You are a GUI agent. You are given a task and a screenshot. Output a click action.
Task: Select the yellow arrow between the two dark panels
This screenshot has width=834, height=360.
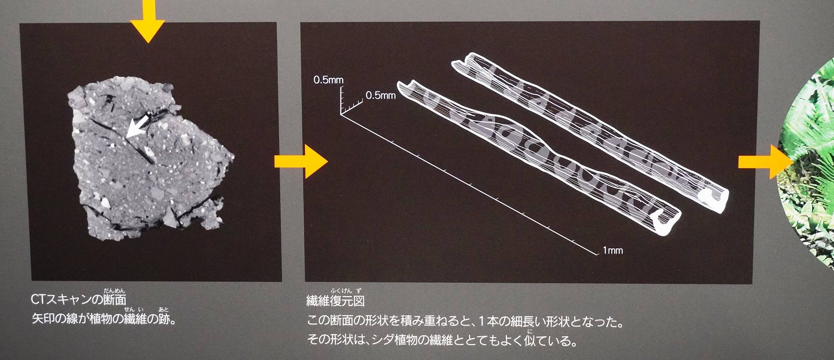pos(301,161)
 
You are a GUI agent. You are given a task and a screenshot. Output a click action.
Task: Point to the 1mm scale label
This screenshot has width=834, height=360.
pos(612,251)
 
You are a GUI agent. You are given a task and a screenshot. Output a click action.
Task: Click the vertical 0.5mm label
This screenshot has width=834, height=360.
pos(328,80)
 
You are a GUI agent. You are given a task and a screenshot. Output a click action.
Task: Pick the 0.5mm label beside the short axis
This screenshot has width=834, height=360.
pos(380,95)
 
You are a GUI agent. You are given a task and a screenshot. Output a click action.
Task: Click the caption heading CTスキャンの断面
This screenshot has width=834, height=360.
pos(79,300)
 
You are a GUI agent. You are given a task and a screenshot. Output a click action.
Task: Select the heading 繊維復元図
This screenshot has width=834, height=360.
pos(335,301)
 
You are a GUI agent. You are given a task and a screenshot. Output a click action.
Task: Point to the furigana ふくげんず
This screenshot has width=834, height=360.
pos(346,290)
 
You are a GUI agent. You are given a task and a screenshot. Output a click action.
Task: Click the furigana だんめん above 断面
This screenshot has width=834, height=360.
pos(114,290)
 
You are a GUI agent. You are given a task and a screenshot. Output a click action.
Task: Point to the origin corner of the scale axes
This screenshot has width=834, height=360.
pos(341,115)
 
